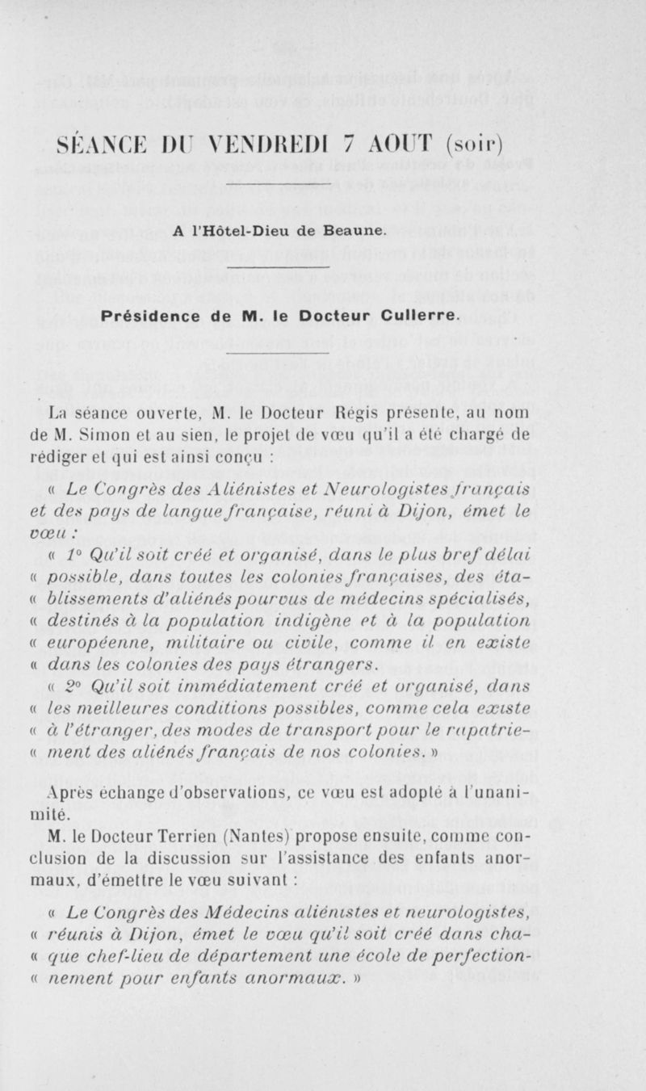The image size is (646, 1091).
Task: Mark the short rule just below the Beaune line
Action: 279,267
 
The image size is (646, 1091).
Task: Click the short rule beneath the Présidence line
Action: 279,352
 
